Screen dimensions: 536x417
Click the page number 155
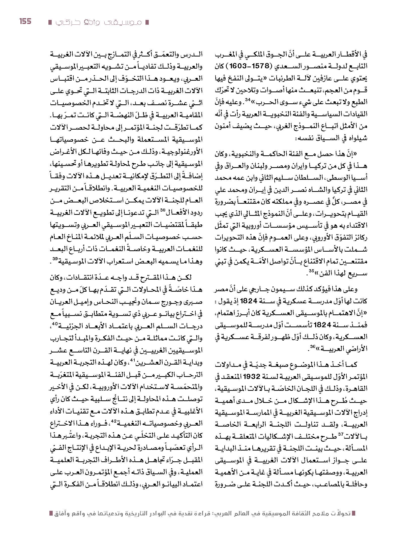coord(25,21)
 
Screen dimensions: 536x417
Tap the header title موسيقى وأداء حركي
coord(98,22)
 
